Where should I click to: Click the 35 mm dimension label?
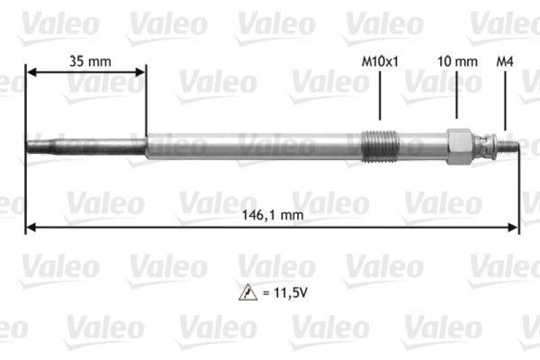tap(90, 61)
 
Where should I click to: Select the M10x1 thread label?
tap(380, 61)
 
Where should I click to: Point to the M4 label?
tap(504, 61)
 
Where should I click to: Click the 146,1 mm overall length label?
tap(272, 215)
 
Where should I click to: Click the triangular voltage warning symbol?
tap(245, 293)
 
